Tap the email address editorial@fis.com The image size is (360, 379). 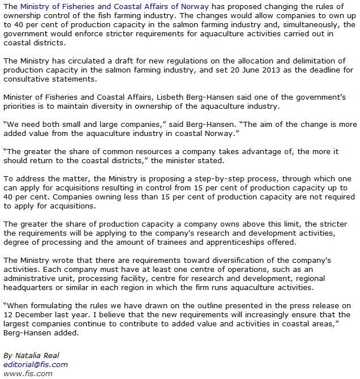(35, 364)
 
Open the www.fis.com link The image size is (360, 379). (28, 373)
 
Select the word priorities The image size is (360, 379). (23, 106)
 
